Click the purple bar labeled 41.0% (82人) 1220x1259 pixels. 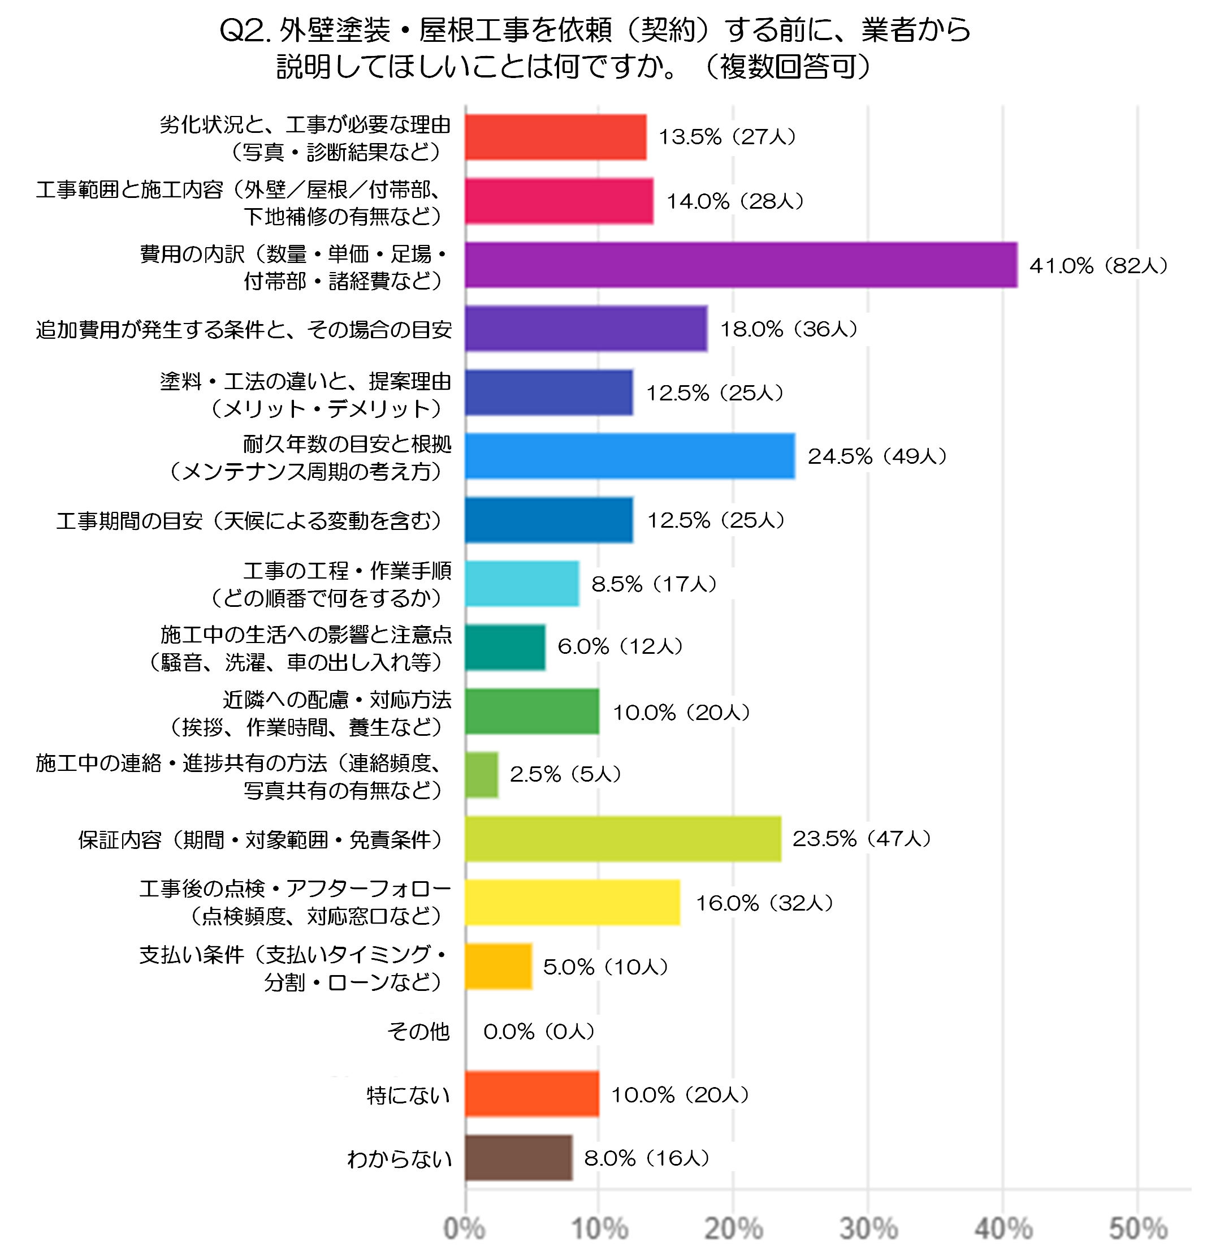pos(741,265)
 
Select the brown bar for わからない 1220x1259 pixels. pos(519,1158)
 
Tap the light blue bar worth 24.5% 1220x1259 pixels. pos(630,456)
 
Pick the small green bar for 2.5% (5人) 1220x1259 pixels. pos(482,775)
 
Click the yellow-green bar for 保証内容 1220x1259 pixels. pos(623,838)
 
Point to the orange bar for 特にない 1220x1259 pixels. pos(531,1094)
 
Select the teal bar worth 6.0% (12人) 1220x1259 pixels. pos(505,647)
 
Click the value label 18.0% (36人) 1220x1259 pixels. pos(789,329)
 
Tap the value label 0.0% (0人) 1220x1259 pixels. pos(539,1031)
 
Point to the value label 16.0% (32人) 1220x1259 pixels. pos(764,903)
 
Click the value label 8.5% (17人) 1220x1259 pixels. pos(654,583)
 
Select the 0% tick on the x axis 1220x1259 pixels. pos(464,1228)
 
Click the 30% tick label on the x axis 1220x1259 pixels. pos(868,1228)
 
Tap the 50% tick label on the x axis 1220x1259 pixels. pos(1138,1228)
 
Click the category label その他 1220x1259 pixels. pos(418,1031)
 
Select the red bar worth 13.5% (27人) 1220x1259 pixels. pos(555,137)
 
